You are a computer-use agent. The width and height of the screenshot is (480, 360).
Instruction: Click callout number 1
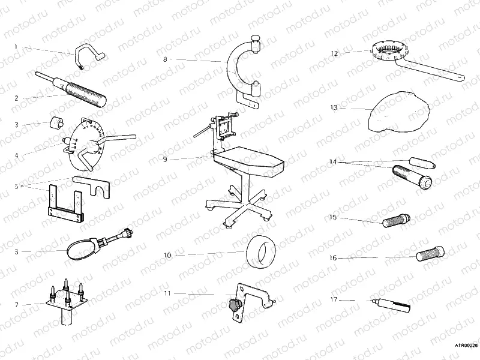[16, 46]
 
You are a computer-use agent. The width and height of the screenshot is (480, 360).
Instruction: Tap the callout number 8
[165, 59]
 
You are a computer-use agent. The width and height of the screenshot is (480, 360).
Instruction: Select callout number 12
[334, 53]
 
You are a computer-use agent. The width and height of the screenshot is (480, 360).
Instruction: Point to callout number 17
[334, 298]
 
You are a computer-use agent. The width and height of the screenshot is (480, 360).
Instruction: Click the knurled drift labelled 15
[395, 220]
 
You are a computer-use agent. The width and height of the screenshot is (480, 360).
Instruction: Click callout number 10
[167, 255]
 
